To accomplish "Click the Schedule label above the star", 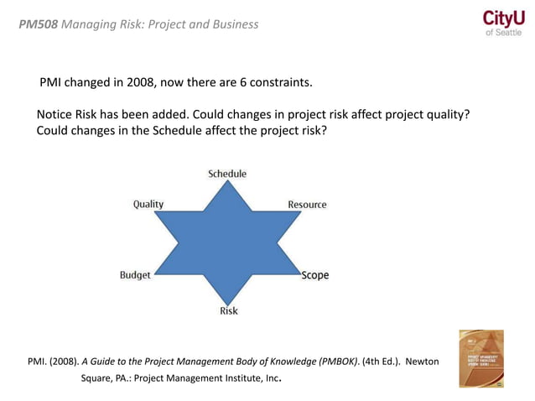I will tap(227, 174).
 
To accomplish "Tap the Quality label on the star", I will tap(148, 204).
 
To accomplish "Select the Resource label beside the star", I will tap(307, 204).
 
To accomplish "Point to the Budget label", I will tap(135, 275).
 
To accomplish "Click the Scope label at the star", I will tap(315, 275).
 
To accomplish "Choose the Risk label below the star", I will tap(228, 310).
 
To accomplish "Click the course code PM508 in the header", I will tap(37, 23).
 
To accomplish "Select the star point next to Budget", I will tap(156, 272).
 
